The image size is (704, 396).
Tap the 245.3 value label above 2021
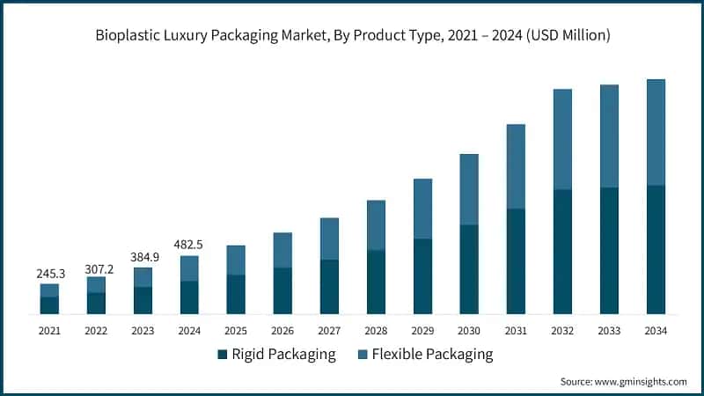coord(49,274)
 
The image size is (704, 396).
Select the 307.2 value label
coord(96,267)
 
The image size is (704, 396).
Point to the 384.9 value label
coord(143,257)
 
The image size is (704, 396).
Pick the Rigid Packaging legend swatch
coord(222,355)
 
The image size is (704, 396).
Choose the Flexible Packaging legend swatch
coord(361,355)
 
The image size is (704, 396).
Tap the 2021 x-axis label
coord(49,331)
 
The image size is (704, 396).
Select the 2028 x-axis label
coord(376,331)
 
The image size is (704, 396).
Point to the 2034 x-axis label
coord(656,331)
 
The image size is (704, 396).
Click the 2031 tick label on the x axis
coord(516,331)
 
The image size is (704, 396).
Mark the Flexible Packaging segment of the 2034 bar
coord(656,132)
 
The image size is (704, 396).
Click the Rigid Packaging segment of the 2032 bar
coord(562,252)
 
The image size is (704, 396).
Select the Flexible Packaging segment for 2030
coord(469,189)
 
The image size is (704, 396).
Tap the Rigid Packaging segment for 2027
coord(329,287)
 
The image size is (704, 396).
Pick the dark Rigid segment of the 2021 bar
coord(49,305)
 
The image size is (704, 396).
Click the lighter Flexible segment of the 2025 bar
coord(236,260)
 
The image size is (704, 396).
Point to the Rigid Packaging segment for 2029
coord(422,276)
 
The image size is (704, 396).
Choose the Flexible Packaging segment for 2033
coord(609,136)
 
